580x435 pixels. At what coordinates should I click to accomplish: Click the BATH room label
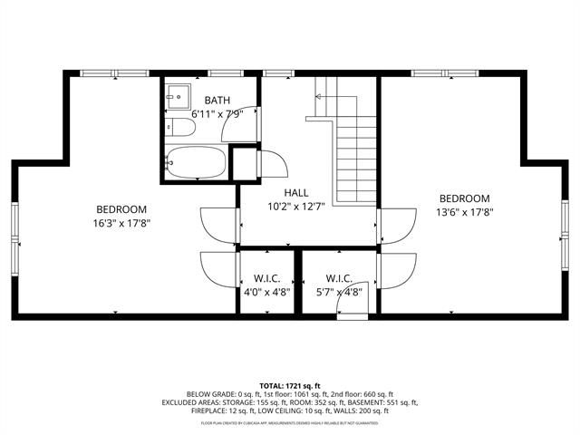pos(217,100)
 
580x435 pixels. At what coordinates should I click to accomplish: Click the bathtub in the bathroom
pos(197,163)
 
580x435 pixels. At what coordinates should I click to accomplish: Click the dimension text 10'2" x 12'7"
pos(296,207)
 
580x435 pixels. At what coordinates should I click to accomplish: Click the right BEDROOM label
pos(464,199)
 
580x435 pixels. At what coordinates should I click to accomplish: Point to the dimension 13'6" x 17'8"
pos(464,214)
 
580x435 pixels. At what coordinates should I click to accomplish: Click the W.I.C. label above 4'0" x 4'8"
pos(266,278)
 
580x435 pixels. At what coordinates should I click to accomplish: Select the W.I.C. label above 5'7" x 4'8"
pos(339,278)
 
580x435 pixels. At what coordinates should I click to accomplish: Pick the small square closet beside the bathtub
pos(244,163)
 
